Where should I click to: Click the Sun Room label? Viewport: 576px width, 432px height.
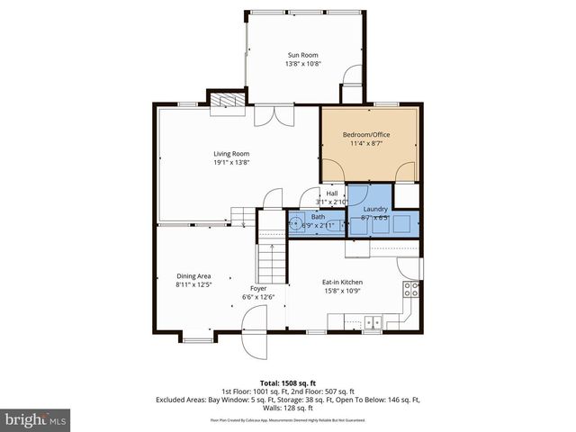(301, 55)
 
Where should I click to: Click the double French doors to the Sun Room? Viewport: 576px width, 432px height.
(273, 116)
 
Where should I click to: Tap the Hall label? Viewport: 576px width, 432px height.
(332, 193)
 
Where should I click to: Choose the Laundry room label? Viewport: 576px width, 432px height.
(374, 209)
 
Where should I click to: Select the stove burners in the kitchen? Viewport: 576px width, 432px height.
(410, 289)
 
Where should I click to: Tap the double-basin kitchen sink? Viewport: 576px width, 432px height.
(373, 322)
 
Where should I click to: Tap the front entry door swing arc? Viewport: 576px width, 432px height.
(255, 322)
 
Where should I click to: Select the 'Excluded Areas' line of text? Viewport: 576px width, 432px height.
(287, 399)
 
